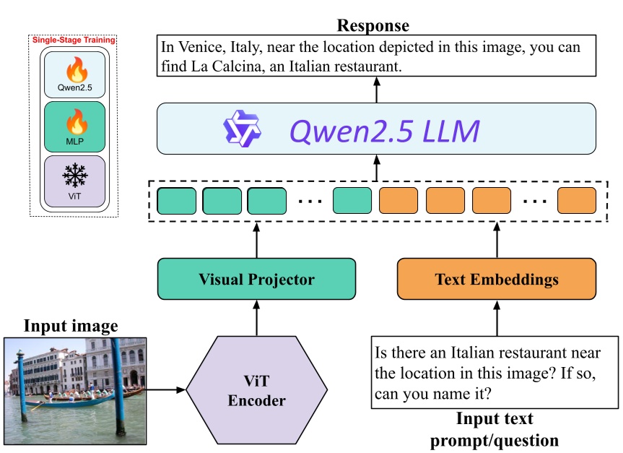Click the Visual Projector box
click(x=256, y=279)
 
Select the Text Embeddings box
click(x=497, y=279)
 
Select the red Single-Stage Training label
click(x=74, y=40)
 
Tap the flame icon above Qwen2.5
click(x=75, y=70)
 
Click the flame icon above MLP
click(x=75, y=121)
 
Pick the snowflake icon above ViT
click(x=74, y=175)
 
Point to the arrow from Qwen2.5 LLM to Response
click(x=375, y=90)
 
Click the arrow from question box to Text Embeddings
click(x=497, y=318)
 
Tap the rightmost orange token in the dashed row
click(x=577, y=200)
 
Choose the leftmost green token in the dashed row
click(x=176, y=200)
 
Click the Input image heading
click(x=71, y=327)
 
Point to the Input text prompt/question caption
click(x=495, y=428)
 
